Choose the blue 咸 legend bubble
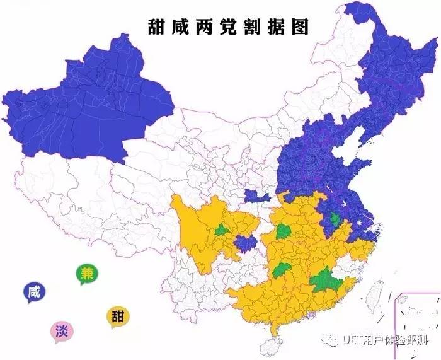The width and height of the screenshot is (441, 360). click(x=34, y=291)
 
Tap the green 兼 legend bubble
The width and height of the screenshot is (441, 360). click(x=87, y=273)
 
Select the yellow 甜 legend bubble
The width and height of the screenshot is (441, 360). click(x=117, y=315)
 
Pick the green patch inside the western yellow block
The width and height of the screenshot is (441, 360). click(x=220, y=230)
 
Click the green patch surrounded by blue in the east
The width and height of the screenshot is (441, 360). click(x=335, y=219)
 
